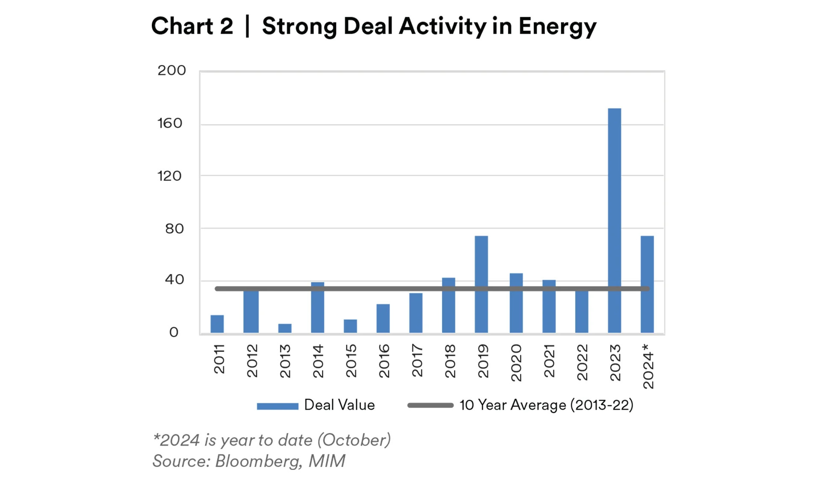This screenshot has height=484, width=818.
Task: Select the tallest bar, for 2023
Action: [614, 220]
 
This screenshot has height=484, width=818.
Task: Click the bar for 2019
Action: [481, 284]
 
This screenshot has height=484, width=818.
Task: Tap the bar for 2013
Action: [285, 328]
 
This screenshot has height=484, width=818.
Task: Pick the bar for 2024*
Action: [647, 284]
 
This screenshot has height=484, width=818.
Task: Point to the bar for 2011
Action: [217, 324]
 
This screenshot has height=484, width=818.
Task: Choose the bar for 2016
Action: [383, 318]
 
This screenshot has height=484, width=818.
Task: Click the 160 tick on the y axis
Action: [170, 123]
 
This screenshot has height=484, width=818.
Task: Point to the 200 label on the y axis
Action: [171, 70]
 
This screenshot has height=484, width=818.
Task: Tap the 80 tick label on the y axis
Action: [174, 229]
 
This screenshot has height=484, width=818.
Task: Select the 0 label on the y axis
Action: [174, 332]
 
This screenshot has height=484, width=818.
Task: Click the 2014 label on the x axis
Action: [318, 361]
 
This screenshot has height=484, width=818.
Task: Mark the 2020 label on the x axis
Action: [516, 363]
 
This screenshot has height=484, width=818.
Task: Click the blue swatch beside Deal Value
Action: [278, 406]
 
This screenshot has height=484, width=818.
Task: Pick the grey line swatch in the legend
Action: [430, 405]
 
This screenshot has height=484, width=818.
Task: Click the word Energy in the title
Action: [557, 27]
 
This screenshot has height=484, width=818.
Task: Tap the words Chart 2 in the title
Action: [192, 26]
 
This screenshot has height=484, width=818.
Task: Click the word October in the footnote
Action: [354, 440]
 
